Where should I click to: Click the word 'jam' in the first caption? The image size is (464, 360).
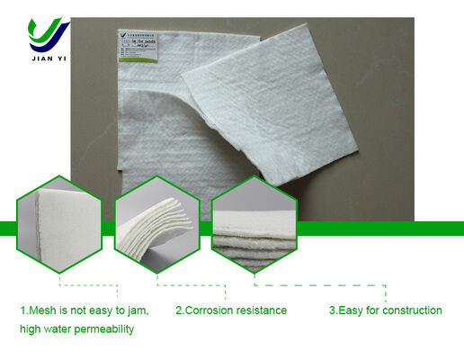pos(136,310)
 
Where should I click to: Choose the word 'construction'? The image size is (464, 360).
pos(413,310)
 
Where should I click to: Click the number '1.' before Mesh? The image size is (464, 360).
pos(24,310)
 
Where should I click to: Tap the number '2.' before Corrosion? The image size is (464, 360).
pos(179,310)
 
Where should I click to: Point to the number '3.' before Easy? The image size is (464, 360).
pos(333,310)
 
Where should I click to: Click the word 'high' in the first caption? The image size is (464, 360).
pos(31,330)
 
